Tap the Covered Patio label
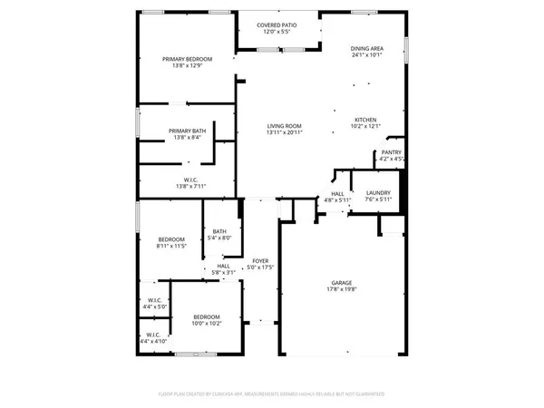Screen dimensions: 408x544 [277, 26]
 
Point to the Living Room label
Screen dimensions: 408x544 [284, 126]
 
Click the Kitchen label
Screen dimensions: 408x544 [366, 120]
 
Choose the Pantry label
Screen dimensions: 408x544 [392, 152]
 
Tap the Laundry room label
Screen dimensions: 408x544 [378, 193]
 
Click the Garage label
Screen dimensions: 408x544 [341, 282]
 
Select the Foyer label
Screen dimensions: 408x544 [260, 261]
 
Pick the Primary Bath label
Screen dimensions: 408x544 [187, 131]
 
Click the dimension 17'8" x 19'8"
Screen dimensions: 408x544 [341, 290]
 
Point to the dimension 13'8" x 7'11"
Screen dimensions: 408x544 [191, 187]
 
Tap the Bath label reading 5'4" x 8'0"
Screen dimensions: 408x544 [219, 232]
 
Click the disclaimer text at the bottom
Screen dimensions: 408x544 [272, 394]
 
